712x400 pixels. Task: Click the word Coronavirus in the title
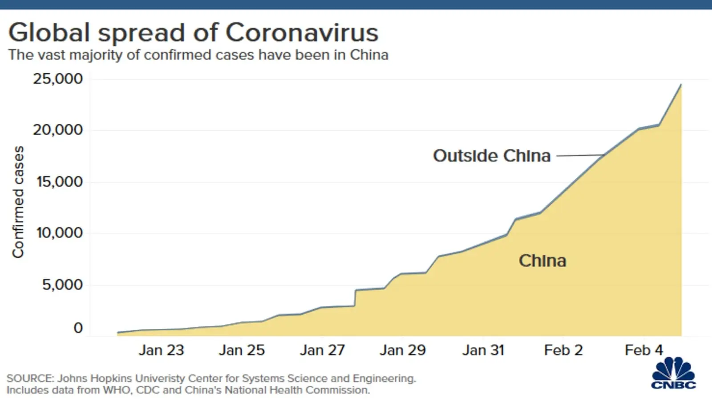pos(302,32)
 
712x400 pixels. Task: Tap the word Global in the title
pos(49,32)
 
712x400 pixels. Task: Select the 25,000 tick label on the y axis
pos(58,79)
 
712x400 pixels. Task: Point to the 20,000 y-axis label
pos(58,130)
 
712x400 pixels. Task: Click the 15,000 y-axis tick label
pos(60,181)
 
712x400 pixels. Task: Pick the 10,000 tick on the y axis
pos(60,232)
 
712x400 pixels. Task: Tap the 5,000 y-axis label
pos(63,284)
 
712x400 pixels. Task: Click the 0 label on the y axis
pos(78,328)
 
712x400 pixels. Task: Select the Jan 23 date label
pos(161,350)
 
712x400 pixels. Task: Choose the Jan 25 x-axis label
pos(242,350)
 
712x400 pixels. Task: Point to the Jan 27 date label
pos(322,350)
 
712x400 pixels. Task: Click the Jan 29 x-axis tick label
pos(403,350)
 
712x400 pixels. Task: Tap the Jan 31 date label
pos(483,350)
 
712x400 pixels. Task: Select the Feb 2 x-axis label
pos(563,350)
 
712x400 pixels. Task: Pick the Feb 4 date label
pos(644,350)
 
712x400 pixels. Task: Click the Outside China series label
pos(492,156)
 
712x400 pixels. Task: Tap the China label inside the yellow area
pos(542,260)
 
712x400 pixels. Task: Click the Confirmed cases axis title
pos(18,202)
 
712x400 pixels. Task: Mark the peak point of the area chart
pos(681,84)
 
